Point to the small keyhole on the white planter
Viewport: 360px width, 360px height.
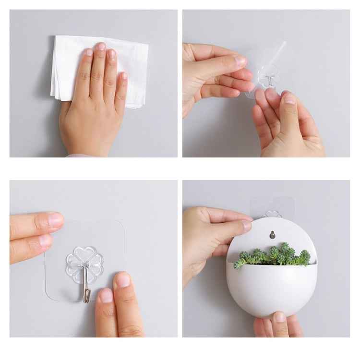[x=273, y=235]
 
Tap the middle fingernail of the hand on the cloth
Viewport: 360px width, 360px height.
[x=101, y=47]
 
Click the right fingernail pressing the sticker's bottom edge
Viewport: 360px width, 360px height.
[x=123, y=280]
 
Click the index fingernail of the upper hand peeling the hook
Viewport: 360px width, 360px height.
[x=240, y=61]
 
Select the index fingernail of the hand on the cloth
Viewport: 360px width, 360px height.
[x=88, y=52]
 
